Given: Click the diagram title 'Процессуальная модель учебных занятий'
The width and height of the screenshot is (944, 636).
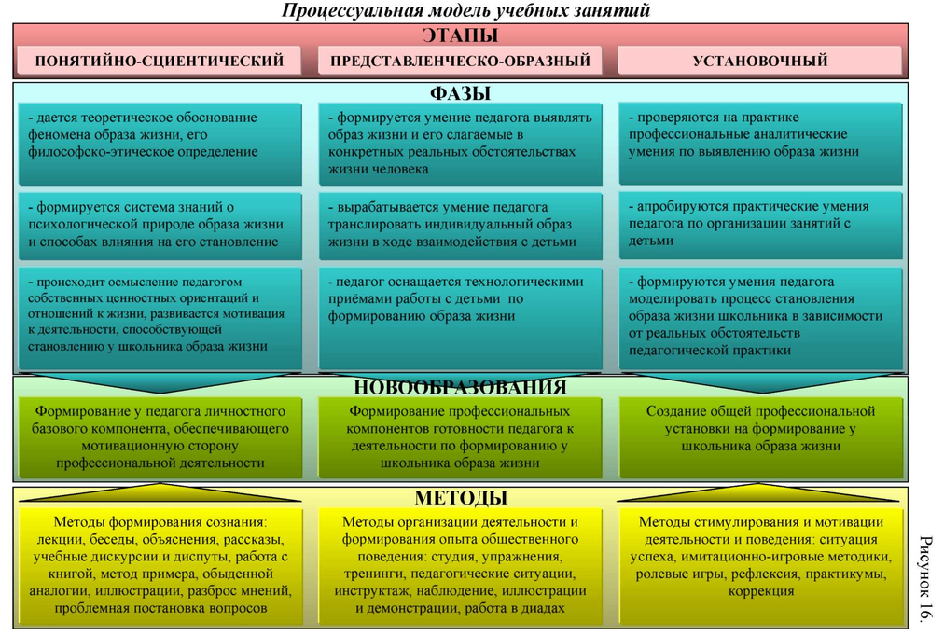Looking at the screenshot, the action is [465, 10].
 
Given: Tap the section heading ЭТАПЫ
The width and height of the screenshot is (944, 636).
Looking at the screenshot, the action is [460, 36].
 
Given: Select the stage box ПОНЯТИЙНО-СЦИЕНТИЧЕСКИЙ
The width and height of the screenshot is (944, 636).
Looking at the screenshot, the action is [160, 61].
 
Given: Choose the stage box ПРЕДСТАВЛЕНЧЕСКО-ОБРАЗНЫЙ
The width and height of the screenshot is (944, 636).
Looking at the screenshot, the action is [460, 61].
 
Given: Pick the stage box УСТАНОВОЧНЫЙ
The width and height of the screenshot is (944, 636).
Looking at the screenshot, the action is [759, 61].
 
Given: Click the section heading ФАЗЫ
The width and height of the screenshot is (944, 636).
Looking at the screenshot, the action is [460, 93].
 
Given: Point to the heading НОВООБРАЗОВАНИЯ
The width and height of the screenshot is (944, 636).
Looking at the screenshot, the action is [460, 387].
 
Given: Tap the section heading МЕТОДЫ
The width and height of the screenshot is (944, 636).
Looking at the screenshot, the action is [460, 497].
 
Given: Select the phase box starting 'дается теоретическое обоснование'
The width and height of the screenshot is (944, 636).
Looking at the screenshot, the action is [160, 143].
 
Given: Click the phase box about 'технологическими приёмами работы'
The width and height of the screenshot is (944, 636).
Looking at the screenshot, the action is [460, 317].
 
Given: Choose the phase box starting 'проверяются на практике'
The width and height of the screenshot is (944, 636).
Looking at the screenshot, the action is [759, 143].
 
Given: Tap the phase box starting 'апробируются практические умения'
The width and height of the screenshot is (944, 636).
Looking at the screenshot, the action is [759, 225].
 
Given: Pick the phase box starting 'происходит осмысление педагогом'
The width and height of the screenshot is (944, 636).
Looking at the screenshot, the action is [160, 317].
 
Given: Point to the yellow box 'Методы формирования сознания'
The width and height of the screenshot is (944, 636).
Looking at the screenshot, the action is [160, 565].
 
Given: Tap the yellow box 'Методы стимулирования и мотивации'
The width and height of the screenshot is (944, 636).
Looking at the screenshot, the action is [759, 557].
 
